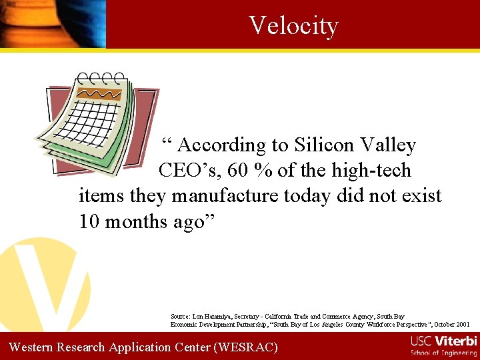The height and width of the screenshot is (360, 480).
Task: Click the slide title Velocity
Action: coord(293,25)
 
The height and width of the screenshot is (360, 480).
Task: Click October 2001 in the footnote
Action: coord(453,324)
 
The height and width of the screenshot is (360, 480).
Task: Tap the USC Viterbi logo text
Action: coord(443,341)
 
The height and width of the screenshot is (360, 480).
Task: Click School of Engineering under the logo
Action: coord(443,353)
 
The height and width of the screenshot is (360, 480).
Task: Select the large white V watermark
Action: coord(43,280)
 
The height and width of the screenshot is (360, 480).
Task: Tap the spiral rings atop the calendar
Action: coord(100,79)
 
